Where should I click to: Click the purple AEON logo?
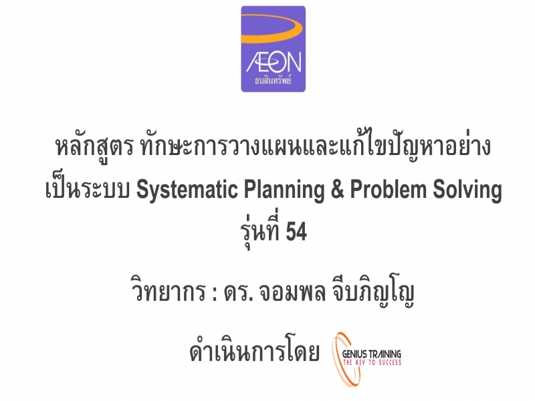tap(273, 49)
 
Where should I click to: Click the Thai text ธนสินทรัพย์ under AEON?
tap(273, 80)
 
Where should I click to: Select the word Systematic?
tap(187, 189)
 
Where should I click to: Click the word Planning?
tap(284, 189)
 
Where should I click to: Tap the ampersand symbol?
tap(338, 189)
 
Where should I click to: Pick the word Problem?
tap(389, 189)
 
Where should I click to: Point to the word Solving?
tap(467, 189)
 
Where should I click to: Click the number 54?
tap(296, 231)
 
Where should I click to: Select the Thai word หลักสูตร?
tap(94, 147)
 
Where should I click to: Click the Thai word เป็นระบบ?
tap(88, 188)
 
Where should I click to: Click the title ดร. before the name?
tap(238, 293)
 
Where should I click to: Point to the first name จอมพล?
tap(292, 293)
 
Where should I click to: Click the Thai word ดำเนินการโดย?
tap(255, 352)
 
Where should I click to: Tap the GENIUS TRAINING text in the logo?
tap(372, 354)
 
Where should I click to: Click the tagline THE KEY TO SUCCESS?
tap(372, 362)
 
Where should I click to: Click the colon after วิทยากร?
tap(214, 294)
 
